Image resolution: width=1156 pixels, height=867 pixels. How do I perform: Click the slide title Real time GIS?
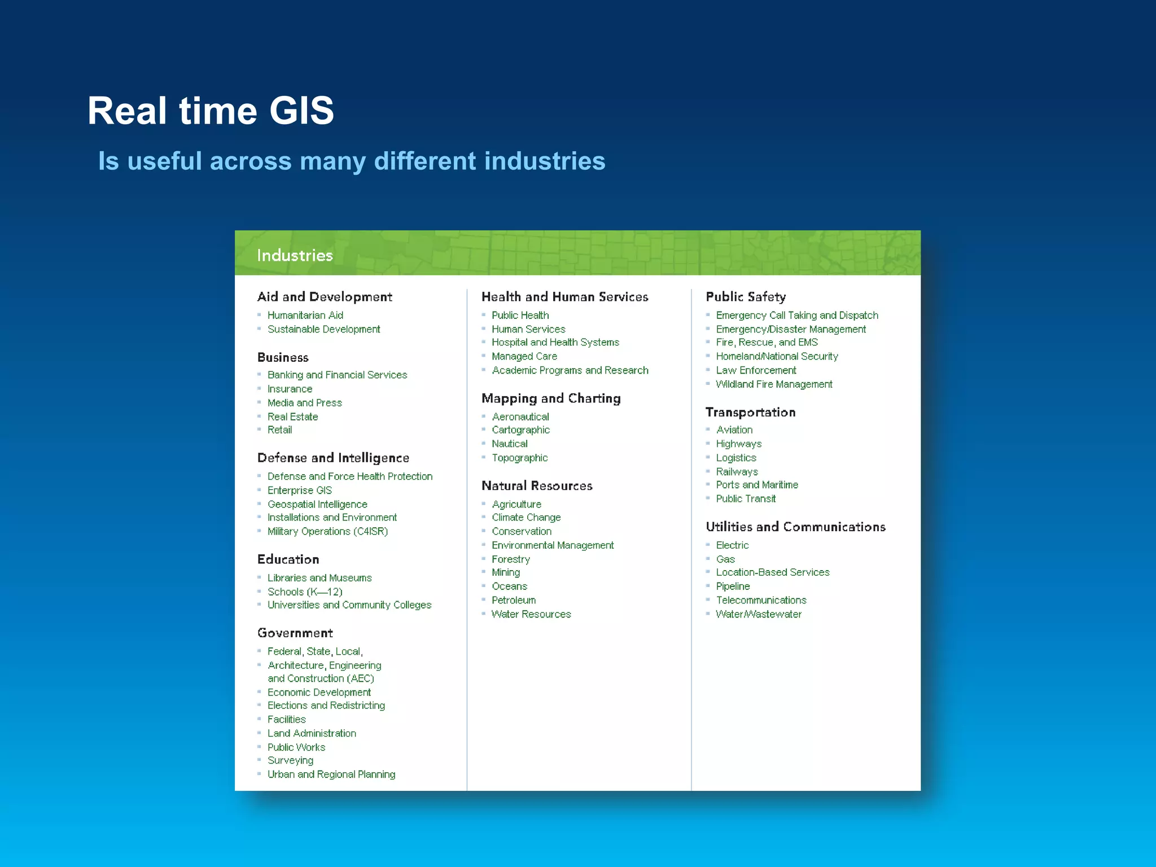click(x=211, y=111)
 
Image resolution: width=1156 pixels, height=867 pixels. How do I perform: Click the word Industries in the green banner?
click(x=295, y=256)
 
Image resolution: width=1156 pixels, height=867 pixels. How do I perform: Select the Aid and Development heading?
click(x=325, y=297)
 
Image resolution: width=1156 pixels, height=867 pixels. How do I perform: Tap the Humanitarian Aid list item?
click(x=305, y=316)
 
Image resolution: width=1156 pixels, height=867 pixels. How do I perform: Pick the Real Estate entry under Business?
click(x=292, y=417)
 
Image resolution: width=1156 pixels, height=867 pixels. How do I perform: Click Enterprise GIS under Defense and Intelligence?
click(x=299, y=491)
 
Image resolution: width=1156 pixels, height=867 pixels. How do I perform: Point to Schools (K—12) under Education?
click(x=305, y=592)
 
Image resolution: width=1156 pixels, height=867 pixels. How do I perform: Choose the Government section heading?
click(x=295, y=633)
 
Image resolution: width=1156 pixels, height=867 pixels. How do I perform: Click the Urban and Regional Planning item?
click(x=331, y=774)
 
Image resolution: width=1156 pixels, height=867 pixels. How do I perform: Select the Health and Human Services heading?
click(x=564, y=297)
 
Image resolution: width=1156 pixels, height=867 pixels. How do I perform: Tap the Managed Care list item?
click(x=524, y=356)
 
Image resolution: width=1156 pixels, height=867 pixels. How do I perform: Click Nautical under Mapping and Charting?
click(x=509, y=444)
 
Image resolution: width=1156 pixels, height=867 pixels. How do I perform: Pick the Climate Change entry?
click(x=526, y=518)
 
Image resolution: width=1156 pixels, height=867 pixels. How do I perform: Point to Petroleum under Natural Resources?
click(x=514, y=600)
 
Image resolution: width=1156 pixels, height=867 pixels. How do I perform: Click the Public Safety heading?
click(x=746, y=297)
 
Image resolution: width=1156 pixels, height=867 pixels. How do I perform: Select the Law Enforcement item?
click(x=756, y=370)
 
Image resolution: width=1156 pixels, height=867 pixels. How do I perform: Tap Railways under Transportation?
click(x=737, y=471)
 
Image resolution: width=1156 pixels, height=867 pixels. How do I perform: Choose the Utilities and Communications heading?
click(x=795, y=527)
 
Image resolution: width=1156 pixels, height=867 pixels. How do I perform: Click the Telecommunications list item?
click(x=761, y=600)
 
